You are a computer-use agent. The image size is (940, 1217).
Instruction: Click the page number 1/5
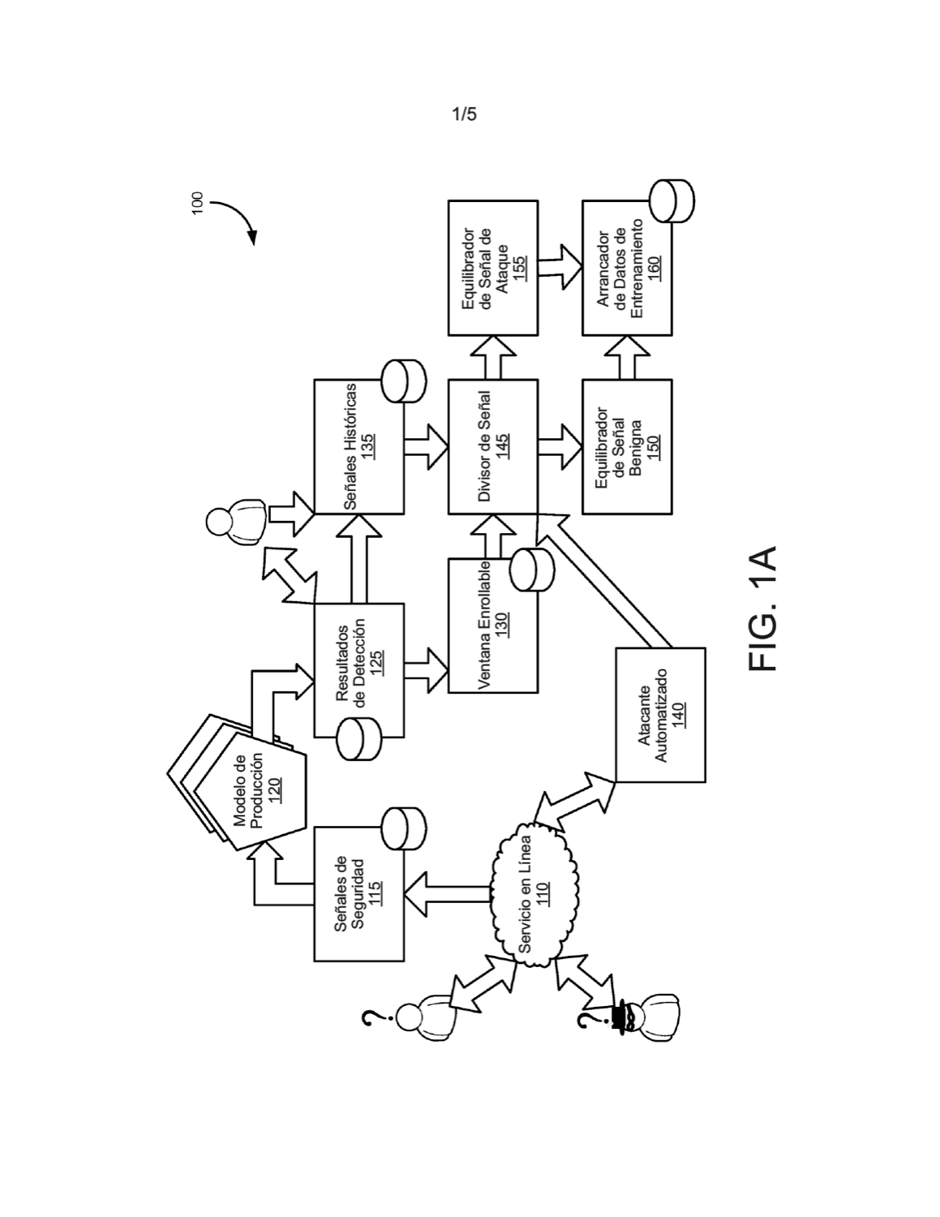coord(464,115)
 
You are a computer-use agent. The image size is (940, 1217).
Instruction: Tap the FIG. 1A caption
coord(762,608)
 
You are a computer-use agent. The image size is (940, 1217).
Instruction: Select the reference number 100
coord(198,204)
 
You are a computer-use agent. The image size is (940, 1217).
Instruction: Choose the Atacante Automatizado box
coord(660,715)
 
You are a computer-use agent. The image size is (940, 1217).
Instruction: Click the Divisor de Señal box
coord(492,446)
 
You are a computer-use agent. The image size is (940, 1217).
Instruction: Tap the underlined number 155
coord(520,268)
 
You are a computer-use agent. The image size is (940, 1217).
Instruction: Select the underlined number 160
coord(654,268)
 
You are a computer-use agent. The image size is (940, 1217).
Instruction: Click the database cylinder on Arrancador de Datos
coord(672,201)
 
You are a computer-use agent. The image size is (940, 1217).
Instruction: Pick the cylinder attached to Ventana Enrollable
coord(532,570)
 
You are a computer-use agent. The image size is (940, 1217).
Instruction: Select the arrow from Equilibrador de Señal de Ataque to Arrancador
coord(560,268)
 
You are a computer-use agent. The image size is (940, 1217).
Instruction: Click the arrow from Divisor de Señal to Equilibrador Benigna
coord(560,446)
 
